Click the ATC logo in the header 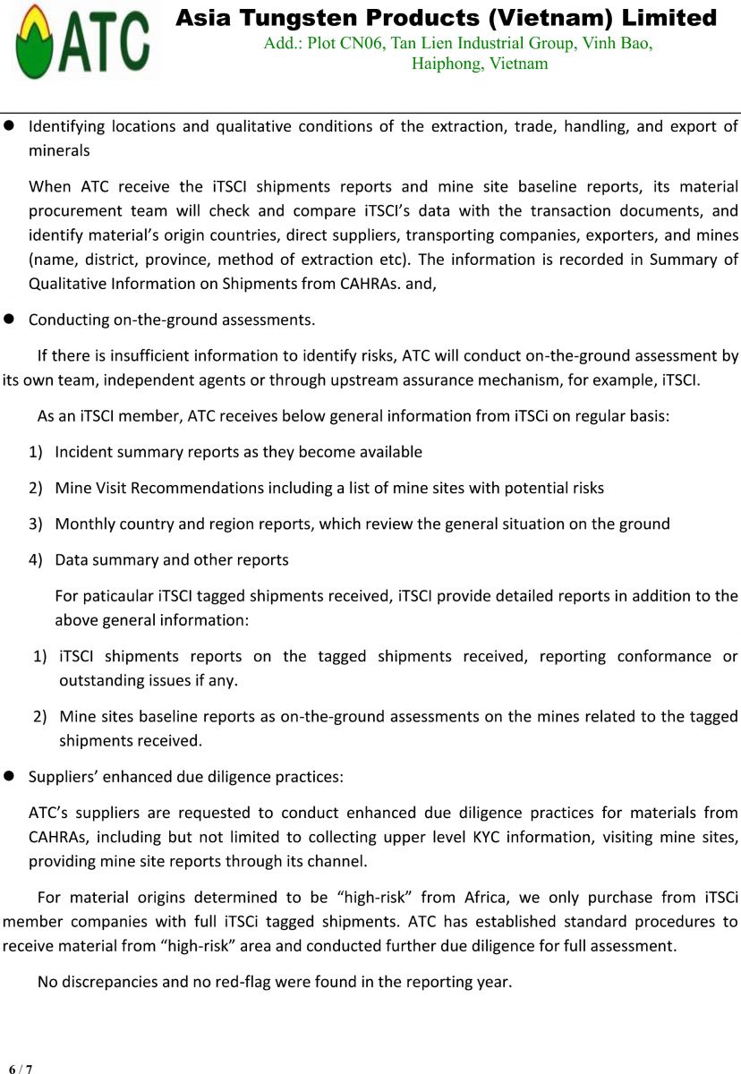pos(81,41)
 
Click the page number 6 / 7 pos(20,1069)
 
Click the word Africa pos(486,897)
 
